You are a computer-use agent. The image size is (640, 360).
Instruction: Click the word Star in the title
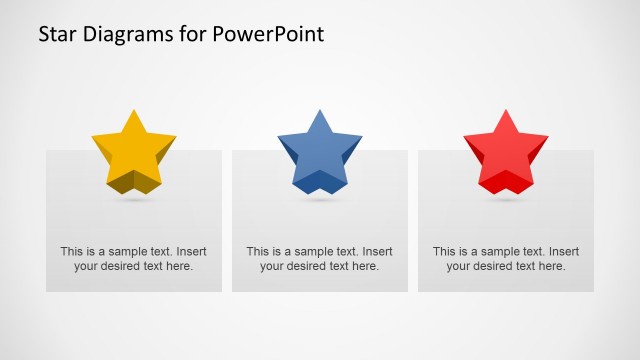click(x=57, y=34)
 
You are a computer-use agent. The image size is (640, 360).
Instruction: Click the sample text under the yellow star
click(x=134, y=259)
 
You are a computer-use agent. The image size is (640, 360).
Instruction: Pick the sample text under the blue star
click(x=320, y=259)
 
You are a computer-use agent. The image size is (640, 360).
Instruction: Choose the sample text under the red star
click(x=506, y=259)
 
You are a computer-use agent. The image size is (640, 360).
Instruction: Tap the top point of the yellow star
click(x=132, y=112)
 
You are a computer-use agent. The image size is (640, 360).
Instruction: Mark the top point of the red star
click(x=505, y=112)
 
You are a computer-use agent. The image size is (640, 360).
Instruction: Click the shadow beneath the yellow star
click(x=134, y=200)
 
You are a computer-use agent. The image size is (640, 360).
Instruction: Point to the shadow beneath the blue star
click(x=320, y=200)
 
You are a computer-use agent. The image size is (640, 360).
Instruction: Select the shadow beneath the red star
click(x=506, y=200)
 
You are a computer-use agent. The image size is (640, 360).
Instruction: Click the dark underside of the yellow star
click(x=134, y=182)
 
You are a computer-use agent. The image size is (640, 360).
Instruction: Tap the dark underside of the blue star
click(x=320, y=182)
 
